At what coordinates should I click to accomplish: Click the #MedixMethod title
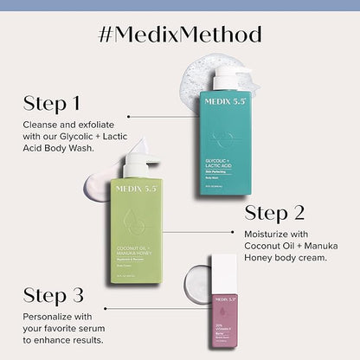coord(180,35)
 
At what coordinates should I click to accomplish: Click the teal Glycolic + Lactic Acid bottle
coord(229,143)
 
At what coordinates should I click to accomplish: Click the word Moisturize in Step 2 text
coord(278,236)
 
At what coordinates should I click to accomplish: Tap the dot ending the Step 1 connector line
coord(129,115)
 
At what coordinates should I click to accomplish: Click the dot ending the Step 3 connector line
coord(105,307)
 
